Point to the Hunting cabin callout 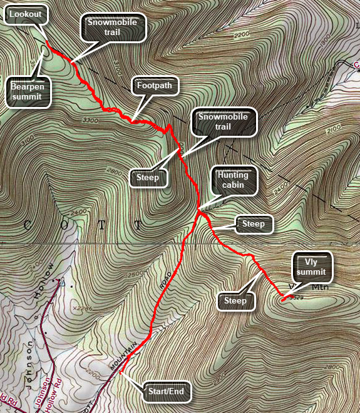click(234, 180)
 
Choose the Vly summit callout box click(311, 266)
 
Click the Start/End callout click(164, 392)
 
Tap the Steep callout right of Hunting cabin click(254, 223)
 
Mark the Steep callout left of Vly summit click(236, 301)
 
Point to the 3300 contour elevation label click(90, 120)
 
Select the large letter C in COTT click(28, 224)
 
